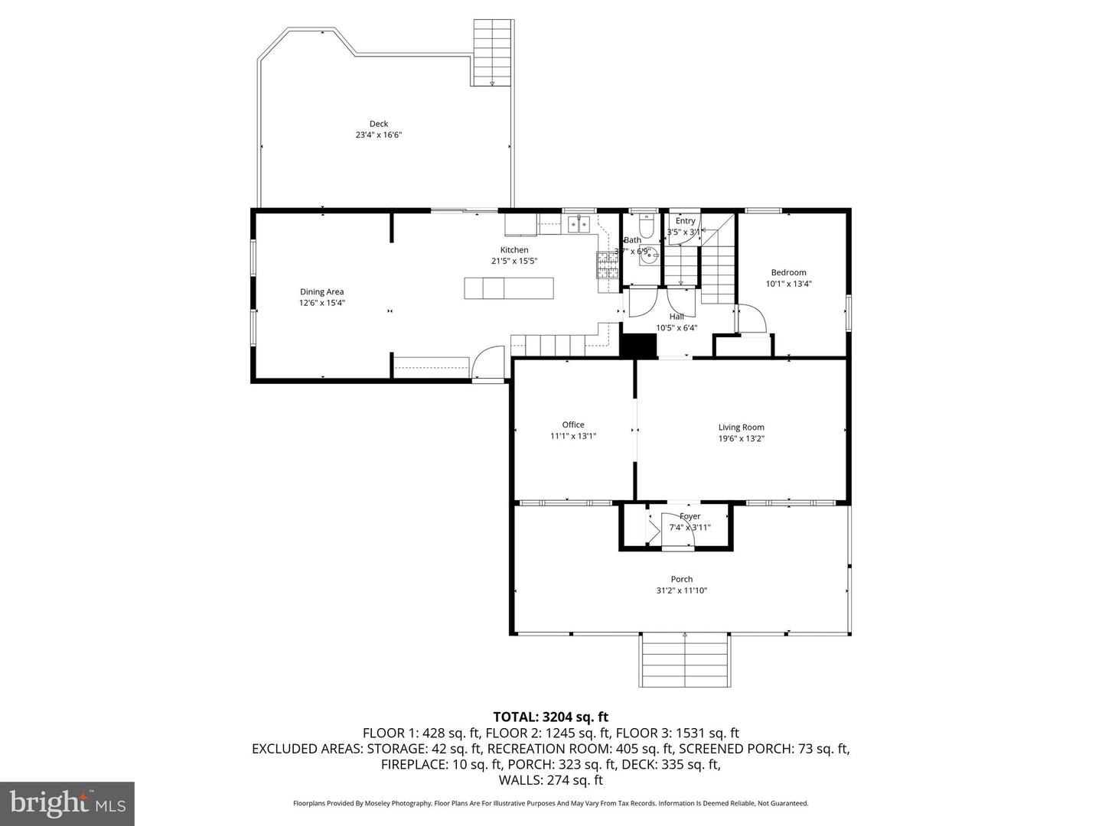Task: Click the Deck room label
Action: click(x=378, y=124)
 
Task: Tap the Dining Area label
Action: click(x=321, y=291)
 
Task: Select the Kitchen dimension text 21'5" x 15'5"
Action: click(x=514, y=261)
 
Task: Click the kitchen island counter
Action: click(x=509, y=288)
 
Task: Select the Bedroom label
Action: click(x=788, y=272)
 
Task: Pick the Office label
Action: click(x=573, y=424)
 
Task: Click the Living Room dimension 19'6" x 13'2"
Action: click(x=741, y=439)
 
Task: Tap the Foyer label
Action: click(x=690, y=516)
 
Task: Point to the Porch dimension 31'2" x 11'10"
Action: click(x=681, y=590)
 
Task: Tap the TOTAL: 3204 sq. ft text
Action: click(x=550, y=717)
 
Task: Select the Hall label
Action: click(x=677, y=317)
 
